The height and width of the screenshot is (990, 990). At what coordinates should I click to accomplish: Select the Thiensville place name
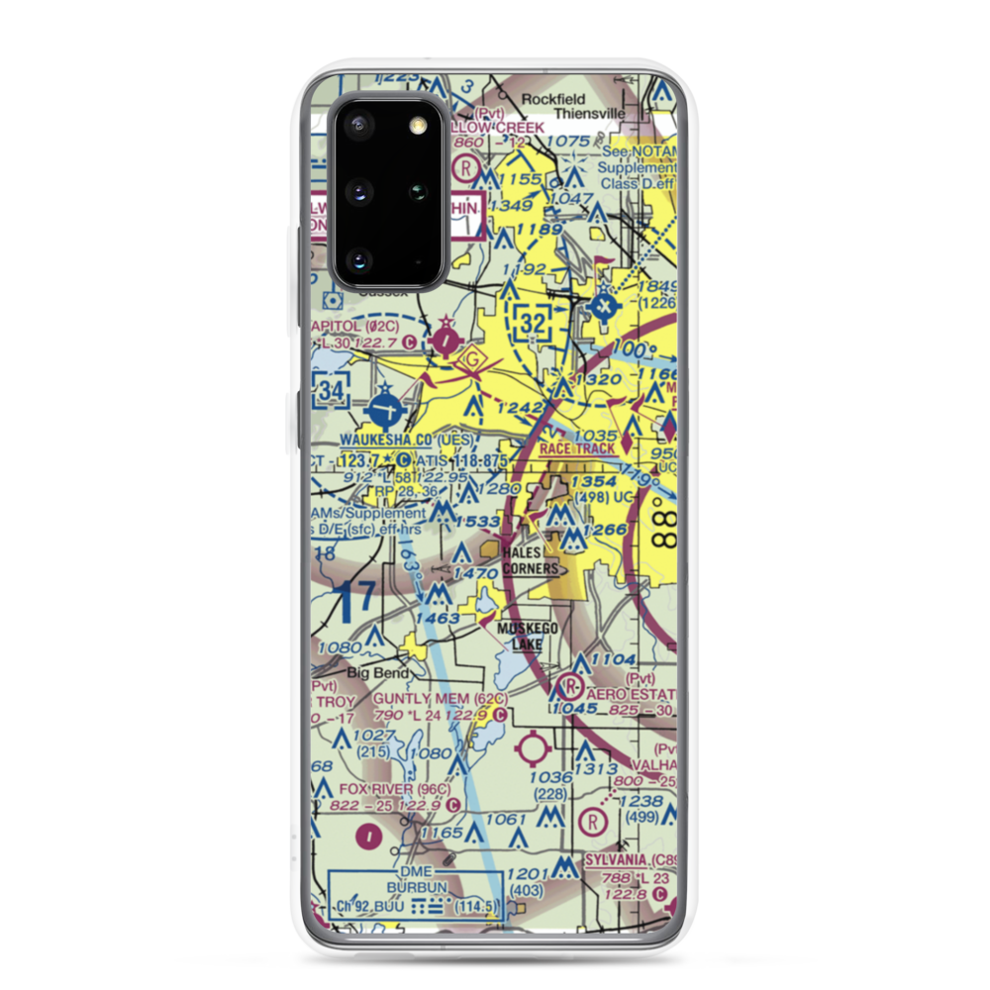click(x=589, y=113)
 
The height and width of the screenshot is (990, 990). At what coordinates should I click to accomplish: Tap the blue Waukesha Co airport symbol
click(x=384, y=410)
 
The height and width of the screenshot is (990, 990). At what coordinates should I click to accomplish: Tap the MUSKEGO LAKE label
click(x=528, y=636)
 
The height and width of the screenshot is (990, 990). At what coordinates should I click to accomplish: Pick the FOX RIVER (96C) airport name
click(x=394, y=789)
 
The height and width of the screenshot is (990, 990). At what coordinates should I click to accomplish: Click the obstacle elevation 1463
click(x=438, y=618)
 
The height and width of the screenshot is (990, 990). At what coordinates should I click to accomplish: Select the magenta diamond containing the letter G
click(x=473, y=359)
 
